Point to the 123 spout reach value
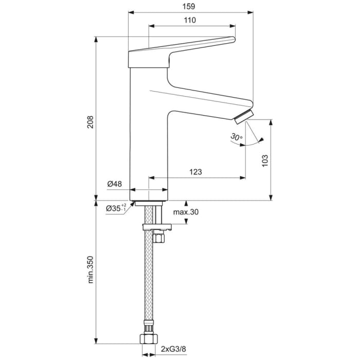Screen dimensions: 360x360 194,172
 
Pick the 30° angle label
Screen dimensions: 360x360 236,137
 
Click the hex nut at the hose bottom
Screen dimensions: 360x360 149,338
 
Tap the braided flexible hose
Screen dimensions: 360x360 149,283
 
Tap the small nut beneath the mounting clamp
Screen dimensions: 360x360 158,237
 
